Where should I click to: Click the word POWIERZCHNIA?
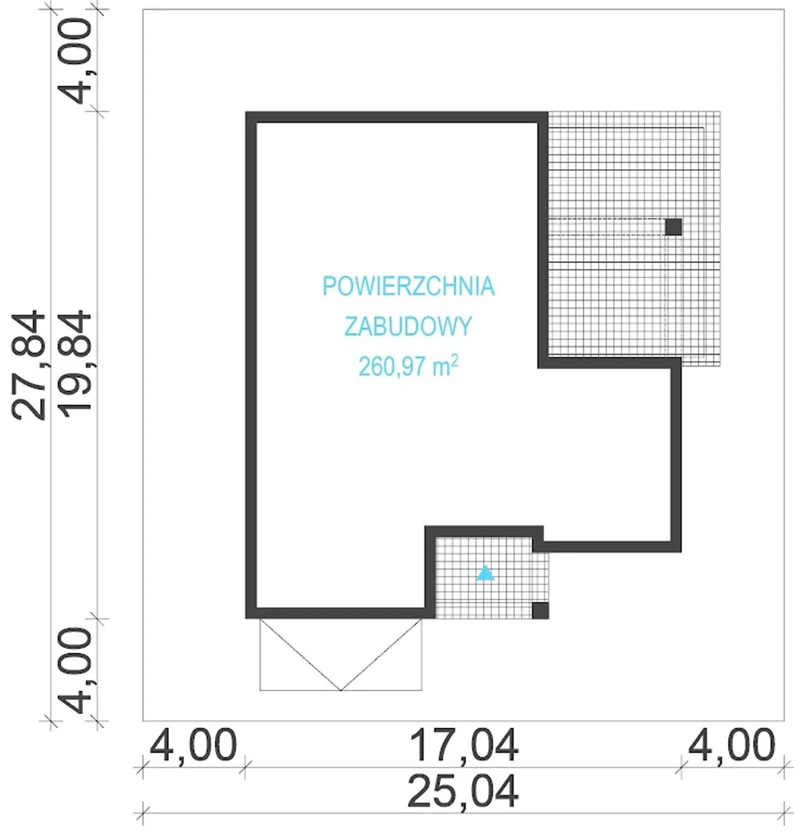408,286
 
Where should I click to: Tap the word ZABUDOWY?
408,326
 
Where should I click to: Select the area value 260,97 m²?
408,365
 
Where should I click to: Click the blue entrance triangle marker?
486,573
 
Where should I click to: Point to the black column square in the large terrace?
673,227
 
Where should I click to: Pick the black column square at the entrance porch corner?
540,610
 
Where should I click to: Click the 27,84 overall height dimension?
29,365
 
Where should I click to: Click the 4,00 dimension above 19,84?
75,62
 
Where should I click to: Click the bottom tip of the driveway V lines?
341,690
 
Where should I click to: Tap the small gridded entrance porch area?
487,578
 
